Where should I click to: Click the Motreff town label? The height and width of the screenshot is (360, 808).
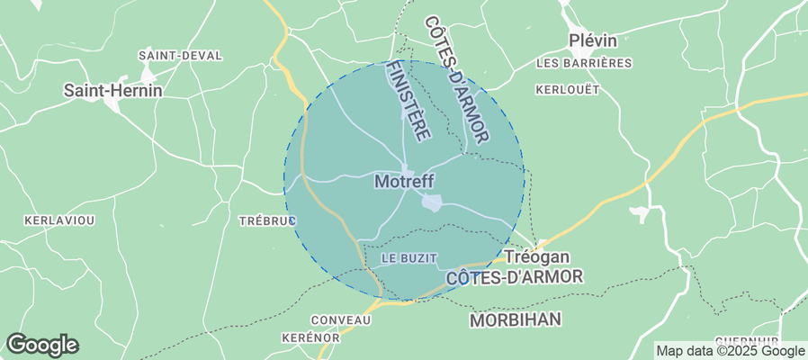404,181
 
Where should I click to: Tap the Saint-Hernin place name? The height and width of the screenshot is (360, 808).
112,90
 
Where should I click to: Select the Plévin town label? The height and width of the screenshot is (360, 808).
592,40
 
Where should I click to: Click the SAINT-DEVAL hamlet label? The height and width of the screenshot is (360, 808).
180,55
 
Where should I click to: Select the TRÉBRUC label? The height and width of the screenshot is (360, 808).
267,220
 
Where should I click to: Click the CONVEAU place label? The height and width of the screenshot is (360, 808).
340,320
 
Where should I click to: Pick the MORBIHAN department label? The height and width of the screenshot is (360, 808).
516,319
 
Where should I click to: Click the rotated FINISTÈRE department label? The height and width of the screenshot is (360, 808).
408,99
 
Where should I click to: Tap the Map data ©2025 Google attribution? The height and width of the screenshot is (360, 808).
730,351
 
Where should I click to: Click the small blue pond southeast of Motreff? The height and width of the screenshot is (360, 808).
432,203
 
